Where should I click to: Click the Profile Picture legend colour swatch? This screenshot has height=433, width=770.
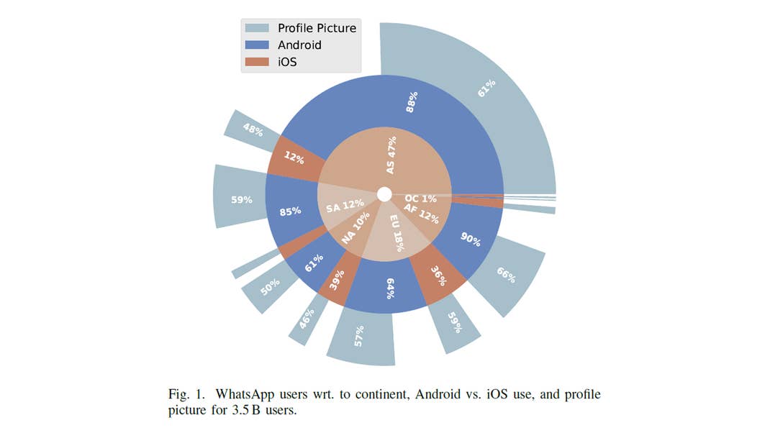pos(257,28)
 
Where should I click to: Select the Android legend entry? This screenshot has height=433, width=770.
pos(299,45)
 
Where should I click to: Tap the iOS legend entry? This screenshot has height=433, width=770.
pos(287,63)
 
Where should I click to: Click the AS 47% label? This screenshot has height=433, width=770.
pos(391,155)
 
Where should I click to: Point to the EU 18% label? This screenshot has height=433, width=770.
pos(397,232)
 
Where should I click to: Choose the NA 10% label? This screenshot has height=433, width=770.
pos(355,228)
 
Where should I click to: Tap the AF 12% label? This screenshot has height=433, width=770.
pos(421,213)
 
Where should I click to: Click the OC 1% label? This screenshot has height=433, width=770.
pos(421,199)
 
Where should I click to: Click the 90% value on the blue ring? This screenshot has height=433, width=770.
pos(470,240)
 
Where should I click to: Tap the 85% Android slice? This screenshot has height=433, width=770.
pos(290,212)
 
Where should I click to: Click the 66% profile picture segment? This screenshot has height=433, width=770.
pos(506,275)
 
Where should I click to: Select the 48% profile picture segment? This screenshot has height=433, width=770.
pos(253,130)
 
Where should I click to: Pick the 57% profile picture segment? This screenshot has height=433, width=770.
pos(360,334)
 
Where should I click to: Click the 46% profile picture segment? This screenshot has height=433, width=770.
pos(307,316)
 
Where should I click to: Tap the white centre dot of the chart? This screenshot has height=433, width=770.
pos(384,194)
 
